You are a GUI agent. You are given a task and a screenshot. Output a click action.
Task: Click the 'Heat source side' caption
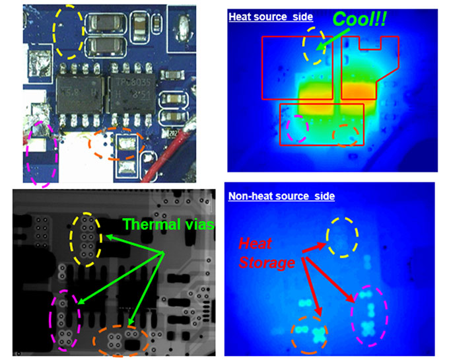[x=271, y=16]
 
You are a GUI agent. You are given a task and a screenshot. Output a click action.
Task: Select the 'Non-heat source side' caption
[x=281, y=196]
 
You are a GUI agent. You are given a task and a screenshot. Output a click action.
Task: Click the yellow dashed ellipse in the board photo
[x=69, y=31]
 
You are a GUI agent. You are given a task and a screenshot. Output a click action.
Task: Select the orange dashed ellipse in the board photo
[x=116, y=144]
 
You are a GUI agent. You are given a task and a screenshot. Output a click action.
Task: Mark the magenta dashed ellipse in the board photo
[x=41, y=153]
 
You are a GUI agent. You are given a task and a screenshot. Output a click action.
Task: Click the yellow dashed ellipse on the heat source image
[x=314, y=47]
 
